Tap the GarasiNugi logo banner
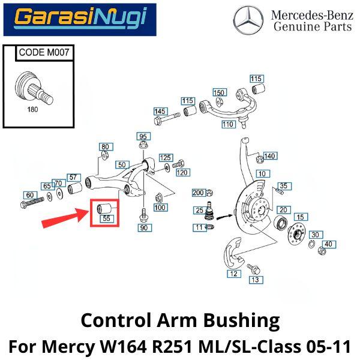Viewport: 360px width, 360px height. pyautogui.click(x=80, y=19)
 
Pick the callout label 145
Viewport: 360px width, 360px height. pyautogui.click(x=160, y=112)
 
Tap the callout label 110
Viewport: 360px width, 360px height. pyautogui.click(x=227, y=125)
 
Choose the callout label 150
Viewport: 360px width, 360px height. pyautogui.click(x=220, y=92)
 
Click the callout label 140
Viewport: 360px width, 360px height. pyautogui.click(x=270, y=156)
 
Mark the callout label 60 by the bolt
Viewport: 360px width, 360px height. pyautogui.click(x=29, y=195)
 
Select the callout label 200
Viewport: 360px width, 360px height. pyautogui.click(x=197, y=193)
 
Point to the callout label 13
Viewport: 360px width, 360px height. pyautogui.click(x=255, y=280)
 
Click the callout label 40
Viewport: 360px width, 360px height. pyautogui.click(x=328, y=244)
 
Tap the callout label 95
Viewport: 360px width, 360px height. pyautogui.click(x=143, y=136)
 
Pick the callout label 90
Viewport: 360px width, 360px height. pyautogui.click(x=143, y=228)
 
